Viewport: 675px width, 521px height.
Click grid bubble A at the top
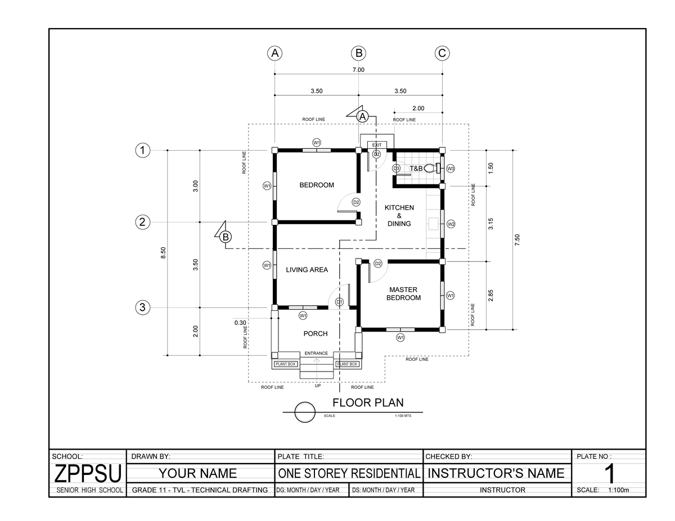(x=274, y=53)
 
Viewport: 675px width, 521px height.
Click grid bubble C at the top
(x=442, y=53)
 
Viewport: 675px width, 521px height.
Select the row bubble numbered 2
(x=143, y=222)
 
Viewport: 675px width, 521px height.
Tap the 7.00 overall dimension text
(x=358, y=70)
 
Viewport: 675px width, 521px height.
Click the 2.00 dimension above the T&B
(x=418, y=108)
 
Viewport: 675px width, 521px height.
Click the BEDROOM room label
(x=317, y=185)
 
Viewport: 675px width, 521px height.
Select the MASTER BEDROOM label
(x=403, y=293)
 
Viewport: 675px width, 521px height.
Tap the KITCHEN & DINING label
(x=399, y=215)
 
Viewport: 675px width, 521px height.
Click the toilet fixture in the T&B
(x=432, y=167)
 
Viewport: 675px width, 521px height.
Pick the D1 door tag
(x=339, y=302)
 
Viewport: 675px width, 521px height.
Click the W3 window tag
(x=451, y=168)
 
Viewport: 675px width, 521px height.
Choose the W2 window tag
(x=451, y=224)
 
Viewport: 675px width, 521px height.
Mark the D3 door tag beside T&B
(x=396, y=168)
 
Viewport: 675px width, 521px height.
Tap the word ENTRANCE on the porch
(x=316, y=353)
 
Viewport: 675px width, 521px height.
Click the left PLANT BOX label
(x=285, y=364)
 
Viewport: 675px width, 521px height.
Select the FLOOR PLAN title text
(x=368, y=402)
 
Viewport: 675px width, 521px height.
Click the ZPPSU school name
(x=87, y=474)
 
